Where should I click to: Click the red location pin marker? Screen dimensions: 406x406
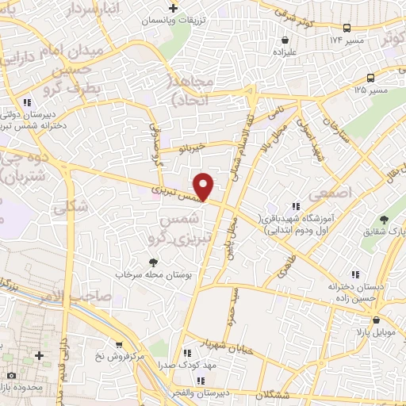[x=205, y=186]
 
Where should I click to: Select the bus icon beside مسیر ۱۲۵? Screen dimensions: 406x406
[x=371, y=78]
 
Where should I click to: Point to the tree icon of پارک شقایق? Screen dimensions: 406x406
[x=385, y=219]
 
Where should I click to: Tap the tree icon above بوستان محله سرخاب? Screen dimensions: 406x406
[x=153, y=262]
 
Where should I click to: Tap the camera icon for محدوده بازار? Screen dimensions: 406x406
[x=11, y=374]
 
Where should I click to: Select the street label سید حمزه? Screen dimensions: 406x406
[x=236, y=301]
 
